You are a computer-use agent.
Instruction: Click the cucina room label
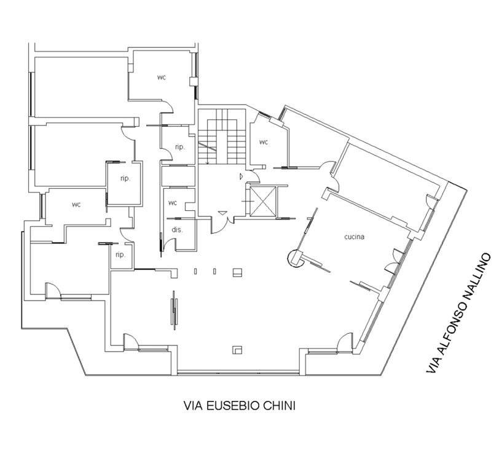click(354, 237)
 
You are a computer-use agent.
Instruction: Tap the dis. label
click(177, 230)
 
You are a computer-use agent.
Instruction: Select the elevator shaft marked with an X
click(263, 202)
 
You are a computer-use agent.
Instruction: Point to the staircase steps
click(222, 136)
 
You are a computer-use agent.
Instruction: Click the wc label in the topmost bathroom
click(162, 77)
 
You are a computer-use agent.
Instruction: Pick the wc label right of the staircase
click(264, 142)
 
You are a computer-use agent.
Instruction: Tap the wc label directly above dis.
click(173, 203)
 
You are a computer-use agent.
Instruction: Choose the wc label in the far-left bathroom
click(76, 205)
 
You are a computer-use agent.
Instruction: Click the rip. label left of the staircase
click(180, 147)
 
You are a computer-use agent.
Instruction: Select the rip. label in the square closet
click(125, 178)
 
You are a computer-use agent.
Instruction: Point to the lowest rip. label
click(120, 255)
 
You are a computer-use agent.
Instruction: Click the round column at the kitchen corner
click(295, 258)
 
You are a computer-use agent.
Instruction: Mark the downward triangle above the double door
click(222, 213)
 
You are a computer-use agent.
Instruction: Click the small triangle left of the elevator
click(242, 176)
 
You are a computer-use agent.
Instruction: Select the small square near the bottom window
click(237, 350)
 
